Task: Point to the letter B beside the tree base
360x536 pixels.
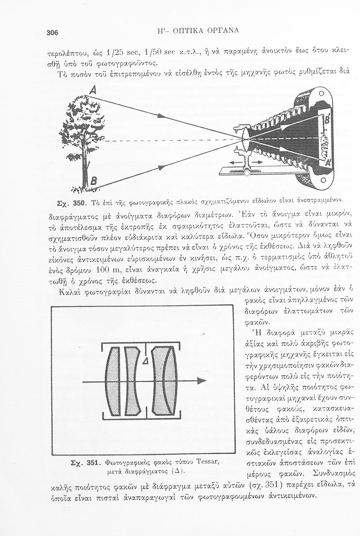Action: click(x=92, y=181)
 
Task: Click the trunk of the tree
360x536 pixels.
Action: click(x=85, y=164)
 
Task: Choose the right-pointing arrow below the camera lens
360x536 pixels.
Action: click(x=257, y=163)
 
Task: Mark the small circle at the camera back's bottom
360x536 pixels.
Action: click(x=323, y=180)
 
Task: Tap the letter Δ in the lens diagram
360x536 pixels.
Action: click(x=145, y=362)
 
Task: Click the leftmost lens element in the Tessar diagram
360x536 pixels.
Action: click(x=113, y=381)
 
